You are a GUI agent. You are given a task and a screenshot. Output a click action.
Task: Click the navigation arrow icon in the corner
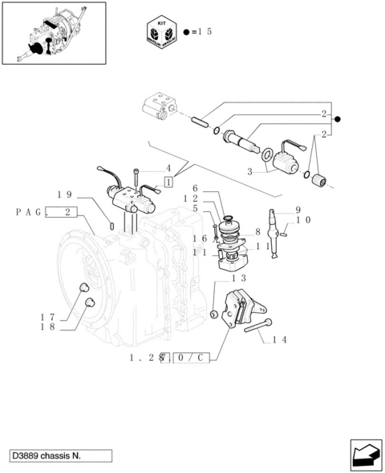[366, 455]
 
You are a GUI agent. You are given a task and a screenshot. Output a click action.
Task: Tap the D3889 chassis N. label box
[60, 455]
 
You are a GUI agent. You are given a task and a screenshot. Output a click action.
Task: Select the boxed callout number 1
[168, 182]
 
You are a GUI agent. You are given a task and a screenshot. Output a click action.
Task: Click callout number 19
[65, 194]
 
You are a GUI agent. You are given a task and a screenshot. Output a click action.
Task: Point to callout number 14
[279, 340]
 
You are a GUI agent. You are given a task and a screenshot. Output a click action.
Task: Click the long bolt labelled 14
[257, 326]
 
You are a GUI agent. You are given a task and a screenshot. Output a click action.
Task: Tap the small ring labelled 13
[213, 315]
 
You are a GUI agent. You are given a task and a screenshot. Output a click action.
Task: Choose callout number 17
[48, 318]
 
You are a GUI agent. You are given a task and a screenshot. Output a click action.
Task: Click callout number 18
[48, 327]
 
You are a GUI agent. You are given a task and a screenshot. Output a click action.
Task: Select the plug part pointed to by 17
[83, 287]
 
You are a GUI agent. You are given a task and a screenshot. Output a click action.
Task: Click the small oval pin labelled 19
[111, 225]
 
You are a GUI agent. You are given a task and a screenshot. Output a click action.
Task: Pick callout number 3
[249, 172]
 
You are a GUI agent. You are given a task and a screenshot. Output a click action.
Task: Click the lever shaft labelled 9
[274, 234]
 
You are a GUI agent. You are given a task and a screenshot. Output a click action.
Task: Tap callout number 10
[303, 220]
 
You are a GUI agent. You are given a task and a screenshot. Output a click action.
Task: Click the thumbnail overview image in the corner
[54, 33]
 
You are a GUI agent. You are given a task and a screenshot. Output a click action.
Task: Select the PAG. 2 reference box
[47, 212]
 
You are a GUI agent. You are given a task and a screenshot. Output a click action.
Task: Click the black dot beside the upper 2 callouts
[338, 119]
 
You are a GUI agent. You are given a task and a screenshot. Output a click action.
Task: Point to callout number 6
[195, 189]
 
